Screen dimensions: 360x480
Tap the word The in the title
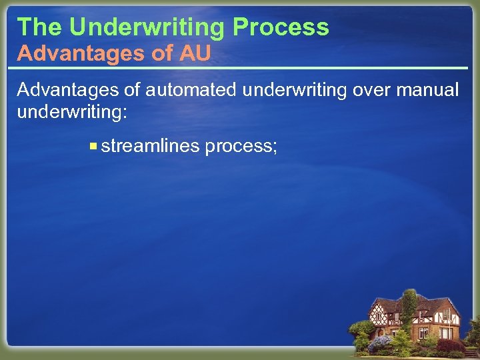pos(39,27)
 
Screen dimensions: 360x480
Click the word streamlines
pos(151,145)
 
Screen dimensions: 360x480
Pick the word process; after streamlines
pos(241,146)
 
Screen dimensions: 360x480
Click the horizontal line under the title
pos(240,68)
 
